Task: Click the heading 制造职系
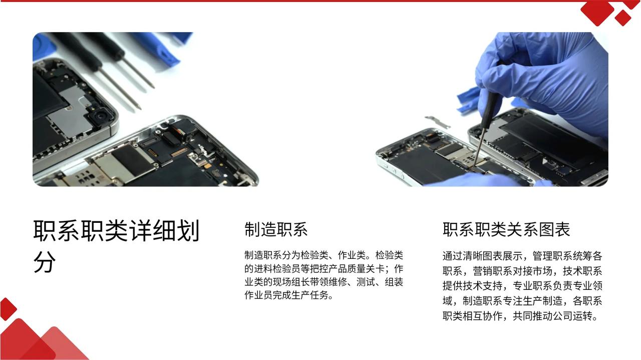point(276,229)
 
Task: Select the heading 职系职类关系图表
point(506,229)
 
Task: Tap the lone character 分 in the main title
point(45,262)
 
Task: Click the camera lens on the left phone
point(100,116)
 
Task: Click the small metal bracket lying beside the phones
point(437,122)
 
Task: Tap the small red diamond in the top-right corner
point(623,18)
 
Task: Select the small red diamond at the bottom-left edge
point(7,309)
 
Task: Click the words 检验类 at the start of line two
point(390,255)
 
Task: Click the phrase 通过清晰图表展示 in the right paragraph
point(482,256)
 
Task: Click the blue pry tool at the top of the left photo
point(160,47)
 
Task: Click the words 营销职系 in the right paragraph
point(492,271)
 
